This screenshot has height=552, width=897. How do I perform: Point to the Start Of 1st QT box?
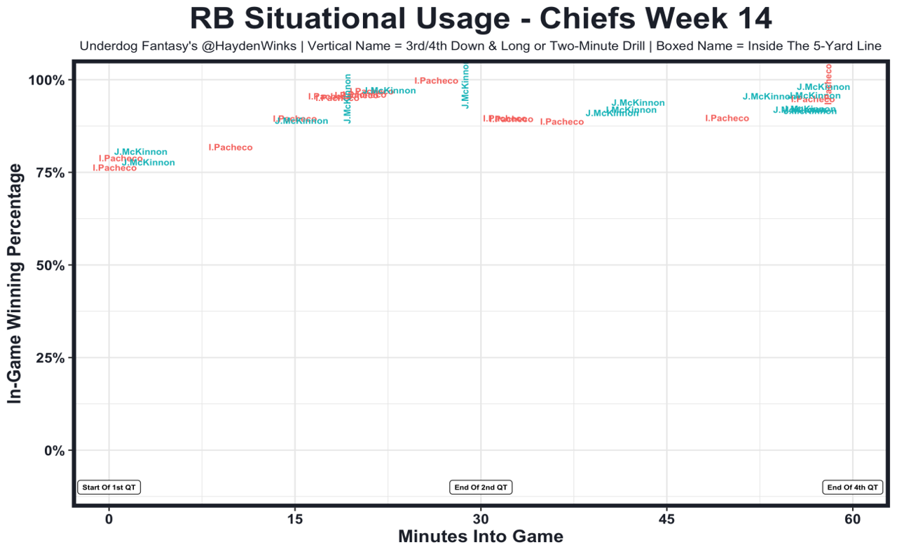[x=109, y=487]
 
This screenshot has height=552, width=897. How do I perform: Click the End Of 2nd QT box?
[x=481, y=487]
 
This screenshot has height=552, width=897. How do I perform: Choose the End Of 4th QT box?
[x=852, y=487]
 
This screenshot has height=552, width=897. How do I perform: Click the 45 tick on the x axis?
[x=666, y=519]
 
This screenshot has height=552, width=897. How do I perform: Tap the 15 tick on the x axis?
[x=295, y=519]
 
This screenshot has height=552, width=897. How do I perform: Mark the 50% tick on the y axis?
[x=50, y=265]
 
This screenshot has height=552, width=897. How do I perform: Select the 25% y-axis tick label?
[x=50, y=358]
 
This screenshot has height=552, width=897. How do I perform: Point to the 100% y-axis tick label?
[x=47, y=80]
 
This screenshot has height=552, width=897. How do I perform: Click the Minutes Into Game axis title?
[x=481, y=537]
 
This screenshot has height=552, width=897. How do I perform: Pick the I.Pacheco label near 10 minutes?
[x=231, y=148]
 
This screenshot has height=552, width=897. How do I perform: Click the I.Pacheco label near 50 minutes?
[x=727, y=119]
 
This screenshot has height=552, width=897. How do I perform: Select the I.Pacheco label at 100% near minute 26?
[x=436, y=81]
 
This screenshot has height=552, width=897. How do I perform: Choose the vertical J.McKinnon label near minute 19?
[x=348, y=98]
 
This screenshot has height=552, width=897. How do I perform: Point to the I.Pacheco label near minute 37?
[x=562, y=122]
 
